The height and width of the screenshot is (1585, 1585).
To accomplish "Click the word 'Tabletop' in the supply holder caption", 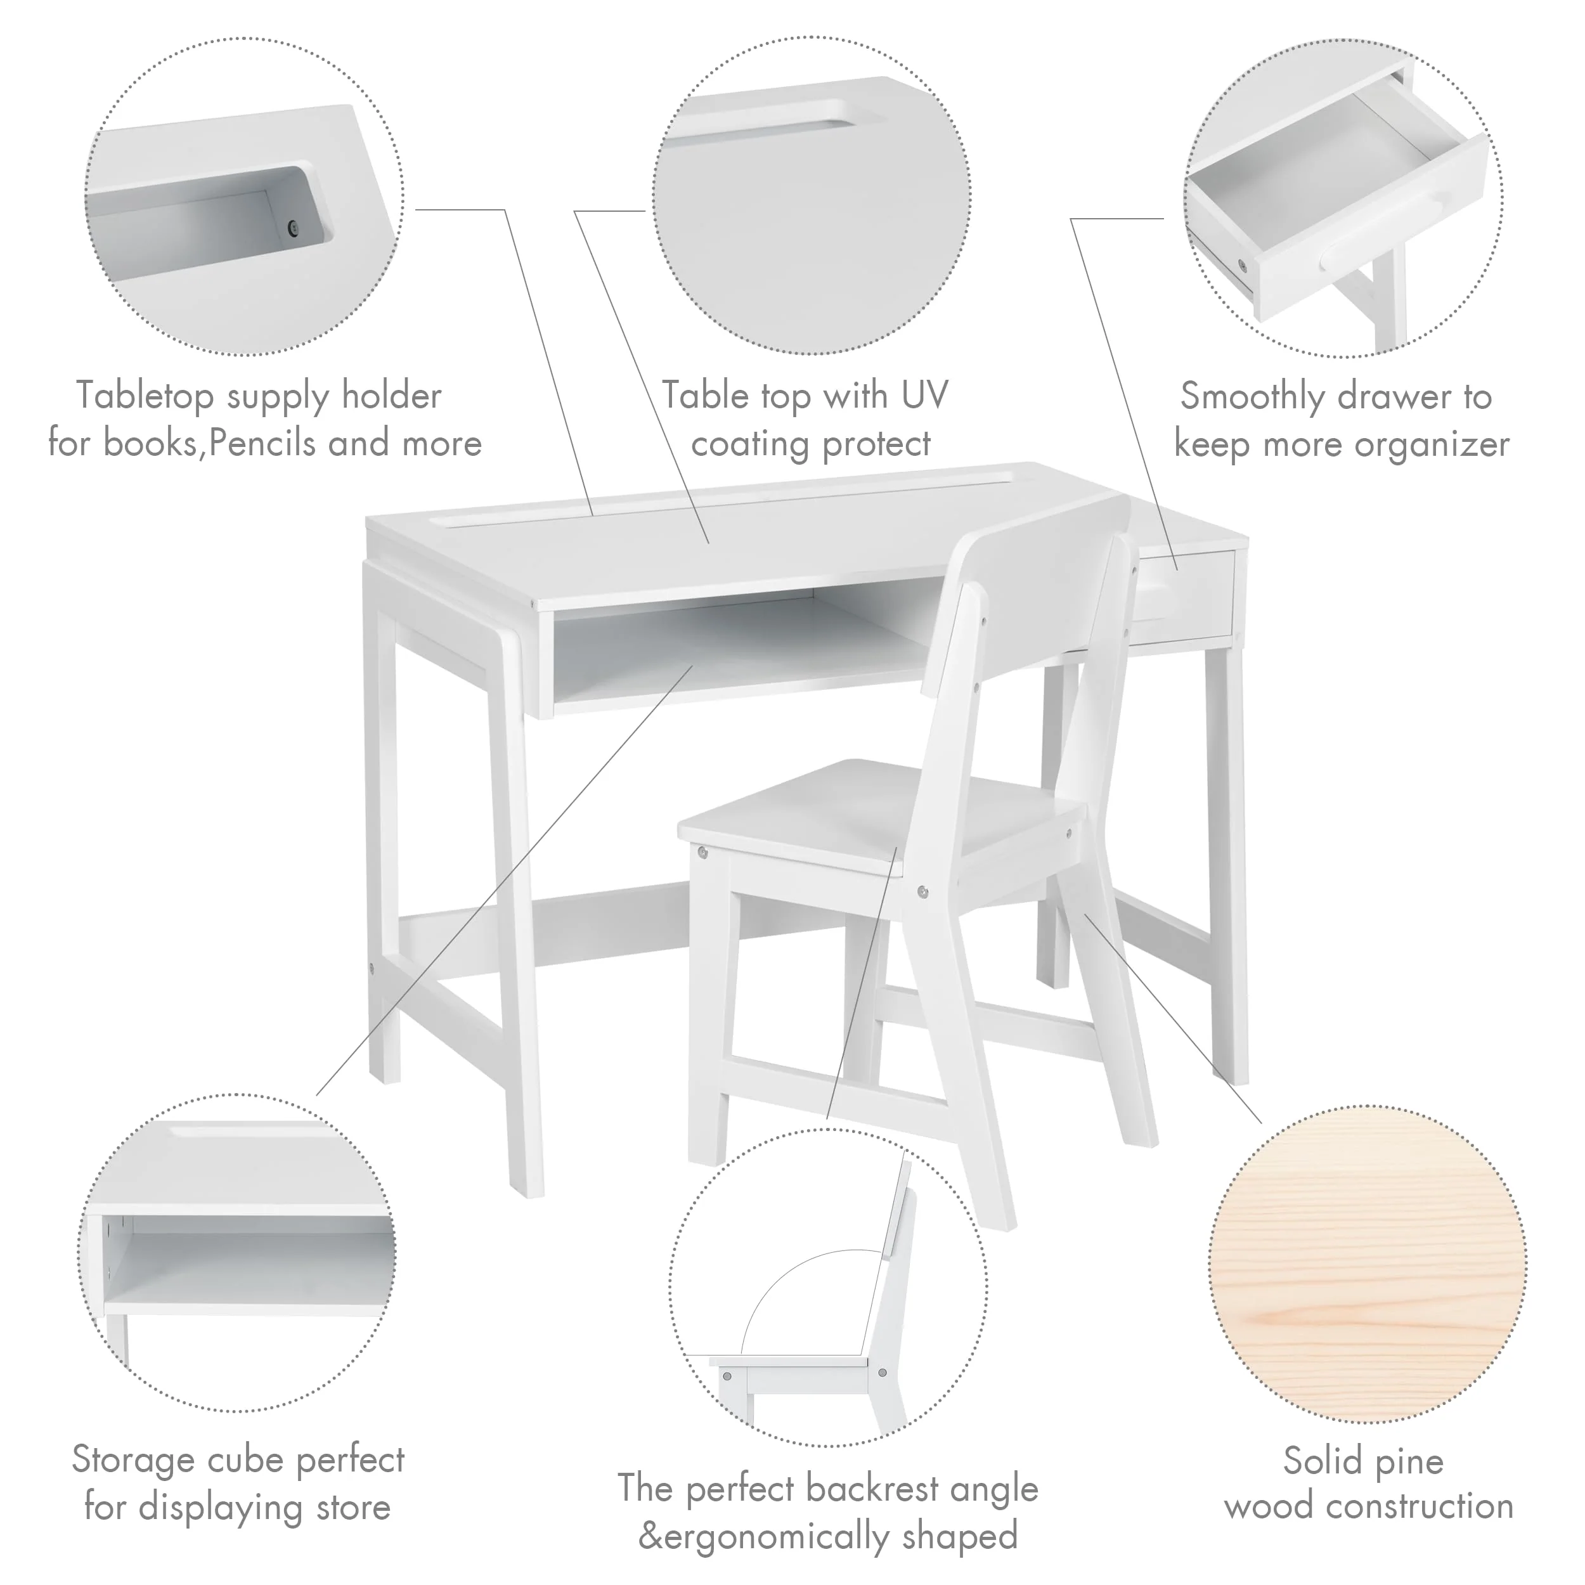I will (145, 396).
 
